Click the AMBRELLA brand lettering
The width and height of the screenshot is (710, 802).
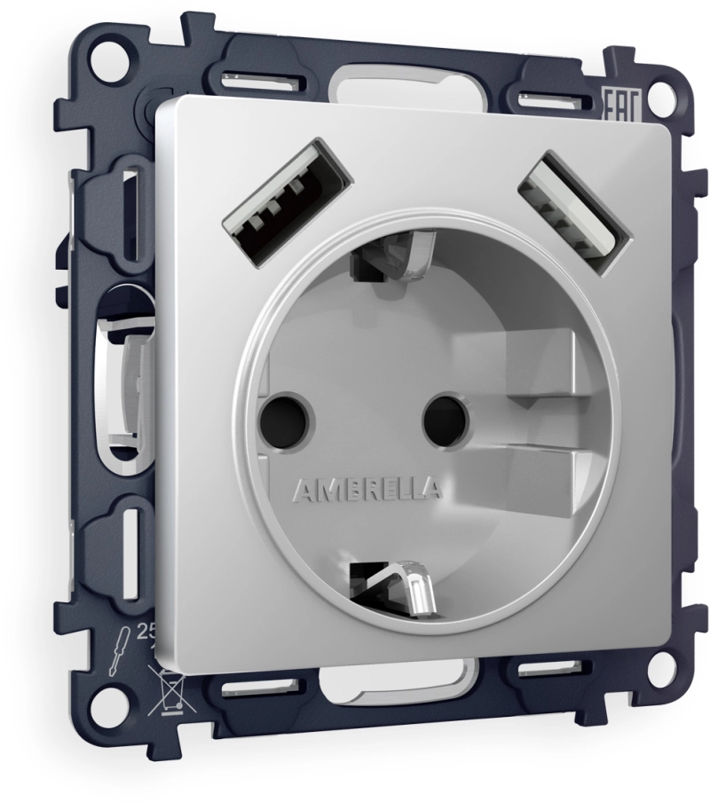[367, 490]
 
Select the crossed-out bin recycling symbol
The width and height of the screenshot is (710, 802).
[170, 692]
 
